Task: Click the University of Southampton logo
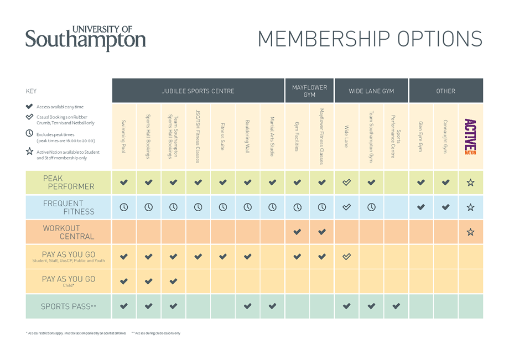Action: click(86, 38)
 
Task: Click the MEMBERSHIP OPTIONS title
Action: click(370, 39)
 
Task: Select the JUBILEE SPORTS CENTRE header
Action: click(198, 91)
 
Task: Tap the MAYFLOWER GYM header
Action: click(309, 91)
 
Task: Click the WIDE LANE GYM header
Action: click(371, 91)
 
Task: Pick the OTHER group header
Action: click(445, 91)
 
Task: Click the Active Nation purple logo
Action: click(470, 136)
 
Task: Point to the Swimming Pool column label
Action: click(124, 136)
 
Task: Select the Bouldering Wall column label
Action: click(247, 136)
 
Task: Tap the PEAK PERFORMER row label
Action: click(69, 182)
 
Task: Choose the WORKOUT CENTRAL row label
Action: click(69, 232)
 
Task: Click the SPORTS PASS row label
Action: click(69, 306)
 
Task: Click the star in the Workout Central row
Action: click(470, 232)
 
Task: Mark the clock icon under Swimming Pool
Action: click(124, 207)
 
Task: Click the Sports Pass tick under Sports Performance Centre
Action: click(396, 306)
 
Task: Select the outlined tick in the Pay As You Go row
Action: click(347, 257)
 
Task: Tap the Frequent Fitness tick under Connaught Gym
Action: click(445, 207)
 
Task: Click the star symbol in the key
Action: click(29, 152)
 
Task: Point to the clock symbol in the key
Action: click(29, 133)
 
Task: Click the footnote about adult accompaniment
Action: click(77, 333)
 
